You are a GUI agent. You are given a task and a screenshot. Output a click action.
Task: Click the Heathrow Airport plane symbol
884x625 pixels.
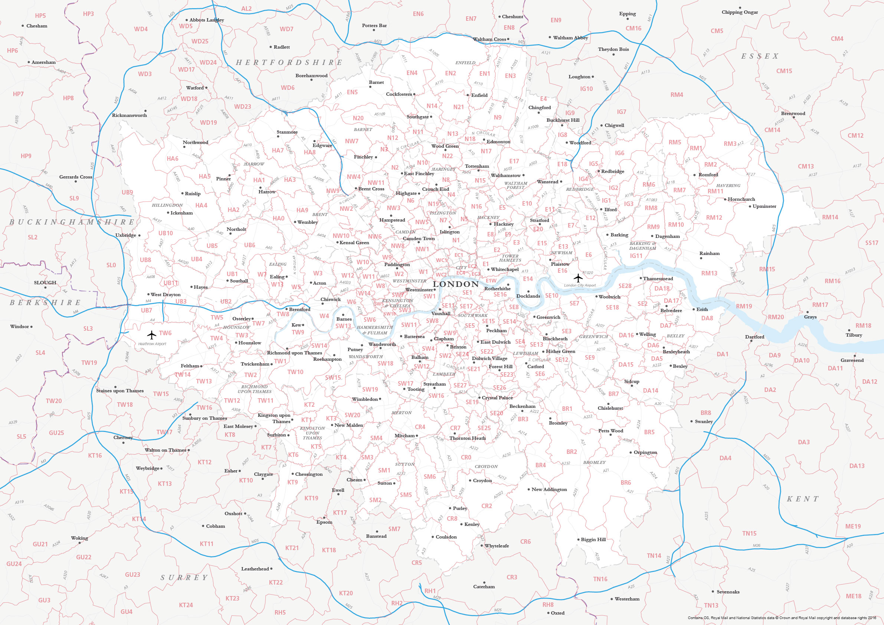click(152, 335)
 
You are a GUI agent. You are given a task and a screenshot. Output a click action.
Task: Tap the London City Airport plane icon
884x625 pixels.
click(578, 278)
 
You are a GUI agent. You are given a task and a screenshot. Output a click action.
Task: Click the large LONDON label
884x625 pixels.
click(456, 284)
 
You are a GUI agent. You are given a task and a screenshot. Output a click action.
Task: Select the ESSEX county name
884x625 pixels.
click(760, 56)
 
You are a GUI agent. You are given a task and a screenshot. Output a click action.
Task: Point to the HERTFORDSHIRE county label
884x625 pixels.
click(289, 62)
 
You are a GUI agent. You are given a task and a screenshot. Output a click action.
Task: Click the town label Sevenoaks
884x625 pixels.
click(728, 592)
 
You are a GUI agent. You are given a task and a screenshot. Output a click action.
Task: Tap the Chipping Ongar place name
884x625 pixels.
click(740, 12)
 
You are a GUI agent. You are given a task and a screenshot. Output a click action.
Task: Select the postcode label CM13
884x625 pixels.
click(806, 166)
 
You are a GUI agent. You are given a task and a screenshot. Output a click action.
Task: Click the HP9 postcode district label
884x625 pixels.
click(26, 156)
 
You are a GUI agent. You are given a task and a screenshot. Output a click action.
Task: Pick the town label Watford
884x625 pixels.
click(195, 88)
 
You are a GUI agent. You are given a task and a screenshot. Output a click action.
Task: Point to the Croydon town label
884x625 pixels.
click(482, 481)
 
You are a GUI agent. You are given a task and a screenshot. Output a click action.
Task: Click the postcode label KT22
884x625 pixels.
click(276, 582)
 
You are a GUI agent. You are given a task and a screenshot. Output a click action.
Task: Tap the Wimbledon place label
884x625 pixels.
click(364, 399)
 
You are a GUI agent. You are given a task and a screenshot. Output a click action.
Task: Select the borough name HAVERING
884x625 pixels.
click(728, 186)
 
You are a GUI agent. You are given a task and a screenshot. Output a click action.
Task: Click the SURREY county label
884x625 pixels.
click(184, 577)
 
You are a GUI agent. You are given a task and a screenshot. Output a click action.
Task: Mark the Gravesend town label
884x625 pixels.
click(852, 360)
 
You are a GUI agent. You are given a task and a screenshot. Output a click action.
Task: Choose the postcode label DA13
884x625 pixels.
click(857, 466)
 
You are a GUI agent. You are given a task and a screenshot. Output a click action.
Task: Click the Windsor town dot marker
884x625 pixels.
click(32, 327)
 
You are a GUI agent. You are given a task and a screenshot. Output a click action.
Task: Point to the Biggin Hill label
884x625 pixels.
click(593, 540)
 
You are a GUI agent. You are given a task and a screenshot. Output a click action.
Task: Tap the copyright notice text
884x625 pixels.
click(782, 618)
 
